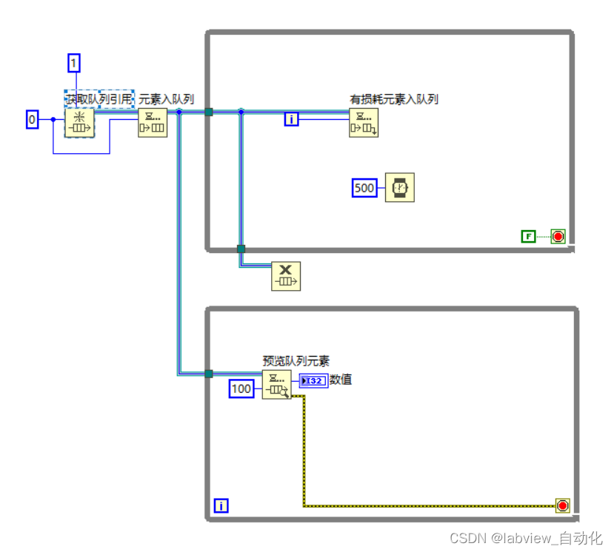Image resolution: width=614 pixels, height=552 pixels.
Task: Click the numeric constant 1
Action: pos(73,64)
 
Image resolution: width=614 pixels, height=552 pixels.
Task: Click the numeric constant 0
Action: pos(32,119)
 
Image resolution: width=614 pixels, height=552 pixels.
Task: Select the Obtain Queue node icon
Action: pos(79,122)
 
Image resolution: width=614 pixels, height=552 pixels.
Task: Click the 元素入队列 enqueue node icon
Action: pos(153,122)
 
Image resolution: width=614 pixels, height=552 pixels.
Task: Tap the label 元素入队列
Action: pos(167,98)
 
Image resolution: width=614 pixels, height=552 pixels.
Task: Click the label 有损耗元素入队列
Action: pos(394,99)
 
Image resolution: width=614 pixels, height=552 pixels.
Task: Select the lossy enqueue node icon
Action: pos(364,123)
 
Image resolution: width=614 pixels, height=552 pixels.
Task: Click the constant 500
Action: pos(364,188)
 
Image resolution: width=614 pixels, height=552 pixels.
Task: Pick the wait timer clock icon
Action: pos(400,188)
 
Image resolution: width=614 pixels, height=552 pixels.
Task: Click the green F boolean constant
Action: pos(528,236)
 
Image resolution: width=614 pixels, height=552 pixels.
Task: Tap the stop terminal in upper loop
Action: pos(558,236)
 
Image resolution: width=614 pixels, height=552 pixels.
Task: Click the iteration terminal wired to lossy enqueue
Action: pos(292,118)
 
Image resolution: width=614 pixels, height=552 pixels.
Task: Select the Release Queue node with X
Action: pos(286,276)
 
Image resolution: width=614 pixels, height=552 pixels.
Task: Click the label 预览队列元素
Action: pos(296,361)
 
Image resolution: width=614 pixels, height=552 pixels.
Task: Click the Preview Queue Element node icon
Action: pos(277,385)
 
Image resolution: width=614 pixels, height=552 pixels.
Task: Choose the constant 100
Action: pos(241,388)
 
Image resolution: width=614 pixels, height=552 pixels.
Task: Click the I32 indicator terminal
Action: pos(313,380)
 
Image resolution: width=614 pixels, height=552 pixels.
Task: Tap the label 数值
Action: pos(341,380)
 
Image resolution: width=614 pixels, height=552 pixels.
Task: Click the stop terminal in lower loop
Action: pos(563,506)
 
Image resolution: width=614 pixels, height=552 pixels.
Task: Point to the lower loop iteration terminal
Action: pos(221,506)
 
